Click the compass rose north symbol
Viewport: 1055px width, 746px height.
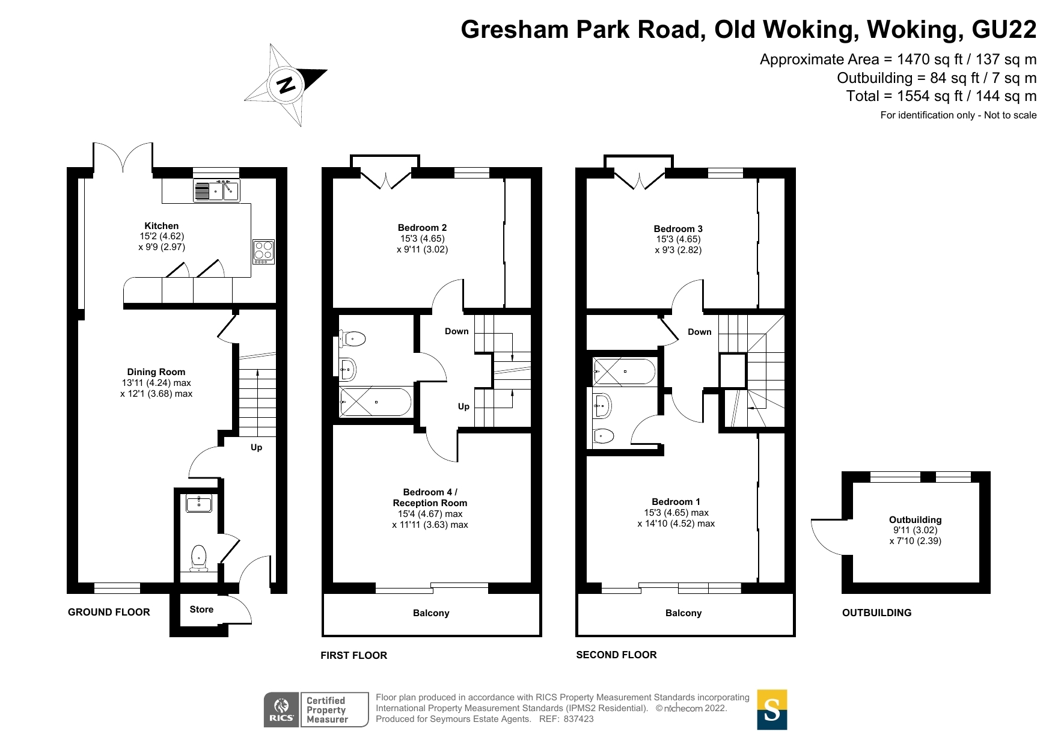tap(286, 85)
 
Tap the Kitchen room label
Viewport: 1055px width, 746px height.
tap(161, 226)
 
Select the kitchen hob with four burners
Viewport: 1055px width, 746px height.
tap(264, 252)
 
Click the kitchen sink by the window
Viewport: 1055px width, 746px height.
tap(216, 191)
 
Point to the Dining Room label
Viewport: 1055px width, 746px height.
tap(156, 372)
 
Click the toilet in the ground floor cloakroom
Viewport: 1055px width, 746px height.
tap(199, 558)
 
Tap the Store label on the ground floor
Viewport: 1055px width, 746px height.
tap(201, 610)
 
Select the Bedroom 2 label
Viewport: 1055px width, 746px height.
tap(422, 228)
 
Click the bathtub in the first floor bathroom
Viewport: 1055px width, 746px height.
tap(376, 402)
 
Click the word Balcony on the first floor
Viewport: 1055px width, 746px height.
tap(431, 613)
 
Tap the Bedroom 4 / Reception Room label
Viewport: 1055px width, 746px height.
tap(430, 498)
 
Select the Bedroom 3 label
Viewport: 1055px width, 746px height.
tap(678, 229)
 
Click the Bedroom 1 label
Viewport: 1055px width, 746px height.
tap(676, 502)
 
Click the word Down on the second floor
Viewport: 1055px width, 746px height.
tap(700, 332)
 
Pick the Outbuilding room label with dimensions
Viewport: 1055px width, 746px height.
tap(916, 530)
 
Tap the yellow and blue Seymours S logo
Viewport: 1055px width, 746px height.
tap(772, 710)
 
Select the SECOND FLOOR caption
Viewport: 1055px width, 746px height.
tap(616, 655)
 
